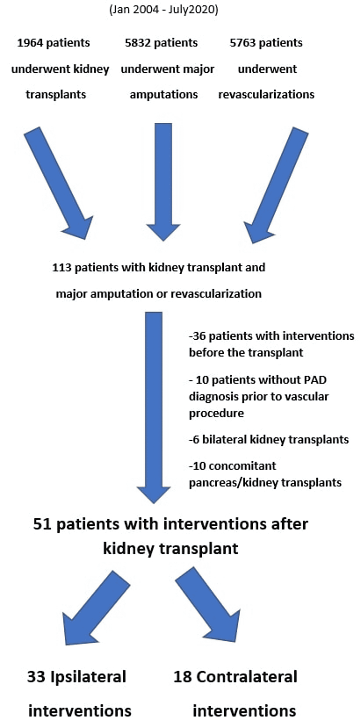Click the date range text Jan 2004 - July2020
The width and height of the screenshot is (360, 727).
coord(164,10)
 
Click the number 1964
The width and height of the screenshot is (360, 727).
coord(30,43)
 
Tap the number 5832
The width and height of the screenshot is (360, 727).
coord(138,43)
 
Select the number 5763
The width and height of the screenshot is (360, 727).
coord(242,43)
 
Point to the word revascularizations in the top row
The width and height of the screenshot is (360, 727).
coord(266,95)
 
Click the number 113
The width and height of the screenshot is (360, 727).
coord(61,268)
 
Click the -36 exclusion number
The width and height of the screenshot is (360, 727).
coord(197,336)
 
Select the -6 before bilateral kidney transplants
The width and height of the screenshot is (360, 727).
coord(194,439)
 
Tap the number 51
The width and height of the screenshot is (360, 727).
coord(43,524)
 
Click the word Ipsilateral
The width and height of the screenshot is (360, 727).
coord(88,677)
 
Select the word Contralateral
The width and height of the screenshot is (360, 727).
coord(247,677)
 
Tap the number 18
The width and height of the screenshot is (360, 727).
coord(182,677)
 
